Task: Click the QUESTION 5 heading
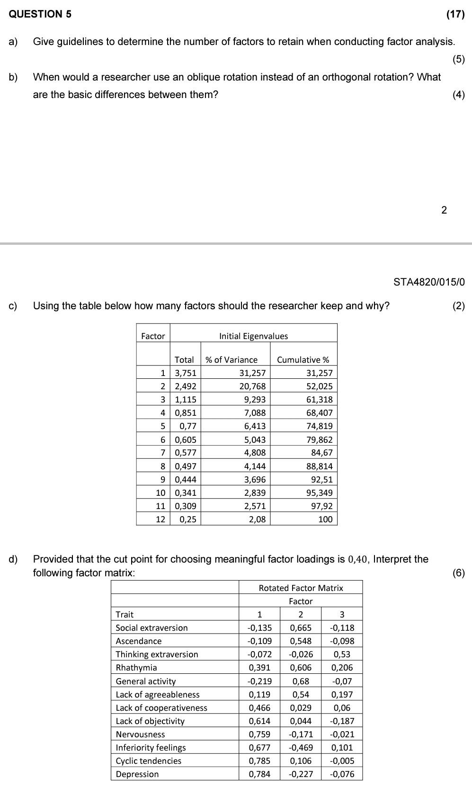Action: (40, 14)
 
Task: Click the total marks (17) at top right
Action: (455, 14)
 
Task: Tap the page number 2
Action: (444, 210)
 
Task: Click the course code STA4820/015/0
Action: (429, 282)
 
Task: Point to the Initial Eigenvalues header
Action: (253, 336)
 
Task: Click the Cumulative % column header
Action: (303, 360)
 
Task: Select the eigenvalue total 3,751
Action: (186, 373)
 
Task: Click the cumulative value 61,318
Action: (319, 400)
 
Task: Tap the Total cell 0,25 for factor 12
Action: (188, 519)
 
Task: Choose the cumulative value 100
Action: (325, 519)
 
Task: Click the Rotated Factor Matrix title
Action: (301, 588)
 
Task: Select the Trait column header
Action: (125, 615)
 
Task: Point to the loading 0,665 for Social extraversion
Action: (301, 628)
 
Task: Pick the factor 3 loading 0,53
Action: (342, 654)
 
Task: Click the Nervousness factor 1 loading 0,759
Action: (259, 734)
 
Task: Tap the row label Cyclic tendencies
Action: (149, 761)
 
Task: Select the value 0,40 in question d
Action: (358, 559)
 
